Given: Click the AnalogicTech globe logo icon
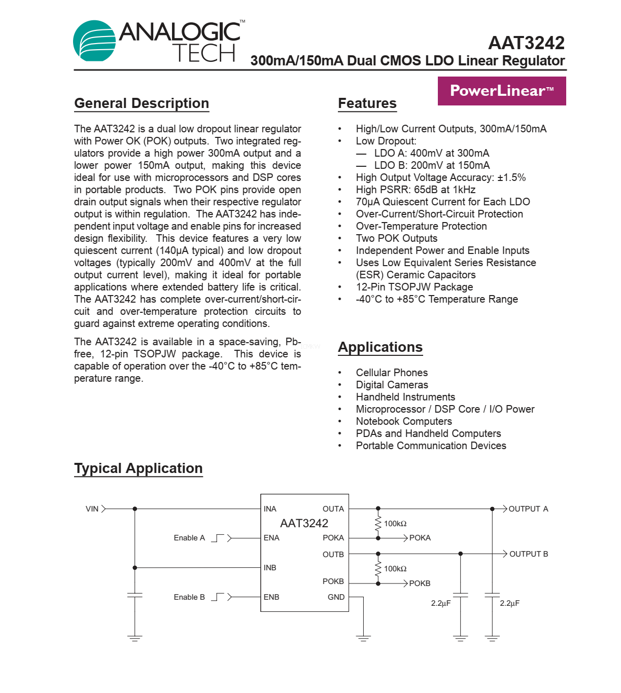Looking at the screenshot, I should tap(95, 41).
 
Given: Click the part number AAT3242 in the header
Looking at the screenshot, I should tap(526, 43).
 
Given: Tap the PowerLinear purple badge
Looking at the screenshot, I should tap(502, 91).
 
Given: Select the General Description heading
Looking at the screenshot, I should tap(142, 103).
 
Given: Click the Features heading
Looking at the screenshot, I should tap(367, 103).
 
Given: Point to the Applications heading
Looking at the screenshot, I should tap(380, 347).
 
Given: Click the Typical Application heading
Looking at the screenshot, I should tap(139, 468).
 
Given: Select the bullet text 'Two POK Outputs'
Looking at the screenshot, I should tap(396, 238).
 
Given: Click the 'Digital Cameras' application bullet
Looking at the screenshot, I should tap(392, 385).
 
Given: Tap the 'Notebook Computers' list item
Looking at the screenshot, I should tap(404, 421).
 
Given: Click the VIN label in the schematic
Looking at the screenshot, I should tap(92, 509).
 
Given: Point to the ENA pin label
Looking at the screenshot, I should tap(271, 538).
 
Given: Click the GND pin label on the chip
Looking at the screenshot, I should tap(336, 597).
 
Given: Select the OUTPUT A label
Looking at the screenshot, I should tap(528, 509).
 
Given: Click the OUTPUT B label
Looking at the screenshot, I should tap(529, 554).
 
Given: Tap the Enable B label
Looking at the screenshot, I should tap(189, 597).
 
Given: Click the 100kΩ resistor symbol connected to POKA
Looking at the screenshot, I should tap(378, 523).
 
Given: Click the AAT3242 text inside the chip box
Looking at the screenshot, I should tap(304, 523).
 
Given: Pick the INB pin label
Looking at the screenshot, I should tap(270, 568).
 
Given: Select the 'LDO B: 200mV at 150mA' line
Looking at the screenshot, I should tap(432, 165).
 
